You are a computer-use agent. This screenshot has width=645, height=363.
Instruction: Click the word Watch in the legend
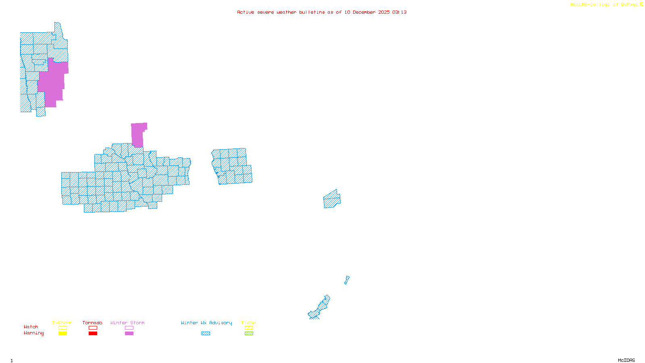pos(31,327)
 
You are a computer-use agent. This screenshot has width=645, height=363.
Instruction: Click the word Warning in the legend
pos(33,333)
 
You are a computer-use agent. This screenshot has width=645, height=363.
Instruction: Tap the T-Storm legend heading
pos(62,323)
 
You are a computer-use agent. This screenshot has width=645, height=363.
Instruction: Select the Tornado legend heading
pos(92,323)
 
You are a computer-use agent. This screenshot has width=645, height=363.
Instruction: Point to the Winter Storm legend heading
pos(127,323)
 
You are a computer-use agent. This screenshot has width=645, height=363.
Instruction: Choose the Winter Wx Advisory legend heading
pos(206,323)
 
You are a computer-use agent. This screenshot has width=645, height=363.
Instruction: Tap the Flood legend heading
pos(249,323)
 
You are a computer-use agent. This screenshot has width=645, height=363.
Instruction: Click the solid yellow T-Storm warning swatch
pos(62,334)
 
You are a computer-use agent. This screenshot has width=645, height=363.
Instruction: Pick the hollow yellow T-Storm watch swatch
pos(62,328)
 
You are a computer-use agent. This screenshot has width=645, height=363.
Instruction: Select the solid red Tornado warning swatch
pos(93,334)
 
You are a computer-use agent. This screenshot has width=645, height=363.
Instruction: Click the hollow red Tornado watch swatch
pos(93,328)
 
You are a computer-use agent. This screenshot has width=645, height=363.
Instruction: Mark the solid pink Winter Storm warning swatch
pos(129,334)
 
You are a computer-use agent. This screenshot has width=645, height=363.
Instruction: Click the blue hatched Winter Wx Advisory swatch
pos(206,334)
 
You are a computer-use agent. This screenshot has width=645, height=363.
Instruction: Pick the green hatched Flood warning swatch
pos(249,334)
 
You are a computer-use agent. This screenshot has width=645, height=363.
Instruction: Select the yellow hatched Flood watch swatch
pos(249,328)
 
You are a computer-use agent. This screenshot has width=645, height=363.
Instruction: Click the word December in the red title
pos(364,12)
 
